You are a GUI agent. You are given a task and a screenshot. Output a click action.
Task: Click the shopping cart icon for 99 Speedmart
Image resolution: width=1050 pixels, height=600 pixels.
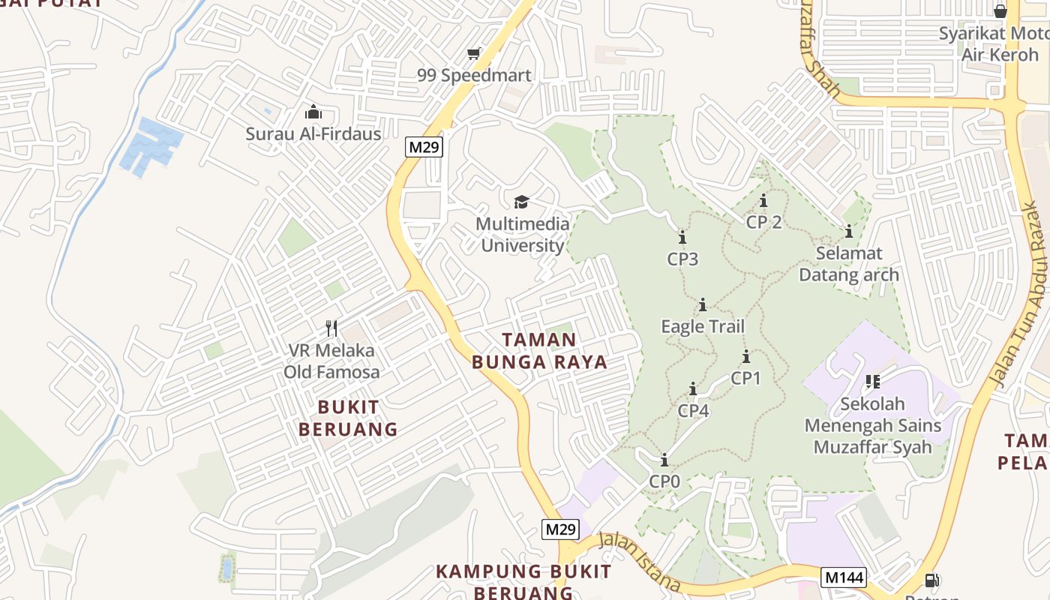pos(473,53)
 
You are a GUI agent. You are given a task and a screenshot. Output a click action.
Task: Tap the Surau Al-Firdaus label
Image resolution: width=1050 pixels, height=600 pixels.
pos(313,134)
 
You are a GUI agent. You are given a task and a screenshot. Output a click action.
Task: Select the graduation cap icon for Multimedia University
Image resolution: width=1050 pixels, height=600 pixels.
pos(521,201)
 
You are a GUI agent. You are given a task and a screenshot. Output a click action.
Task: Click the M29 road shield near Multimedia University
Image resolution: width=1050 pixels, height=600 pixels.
pos(423,147)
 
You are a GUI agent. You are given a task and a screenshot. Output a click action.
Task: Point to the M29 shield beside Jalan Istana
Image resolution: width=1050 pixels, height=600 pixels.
pos(560,529)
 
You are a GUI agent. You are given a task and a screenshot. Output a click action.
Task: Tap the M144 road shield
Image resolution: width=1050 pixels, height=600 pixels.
pos(844,577)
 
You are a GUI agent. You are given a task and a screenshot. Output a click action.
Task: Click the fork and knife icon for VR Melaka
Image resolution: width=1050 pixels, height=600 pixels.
pos(331,328)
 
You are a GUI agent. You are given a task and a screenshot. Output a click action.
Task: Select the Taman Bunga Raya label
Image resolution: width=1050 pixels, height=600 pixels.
pos(539,351)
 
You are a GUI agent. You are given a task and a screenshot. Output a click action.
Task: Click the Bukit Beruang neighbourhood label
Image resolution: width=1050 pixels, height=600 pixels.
pos(348,418)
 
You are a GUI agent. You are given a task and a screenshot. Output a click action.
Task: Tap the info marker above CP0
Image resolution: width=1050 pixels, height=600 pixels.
pos(664,460)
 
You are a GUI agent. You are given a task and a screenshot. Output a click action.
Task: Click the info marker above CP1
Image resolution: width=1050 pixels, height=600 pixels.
pos(746,357)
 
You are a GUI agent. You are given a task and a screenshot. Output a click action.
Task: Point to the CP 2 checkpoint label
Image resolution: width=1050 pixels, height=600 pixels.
pos(763,222)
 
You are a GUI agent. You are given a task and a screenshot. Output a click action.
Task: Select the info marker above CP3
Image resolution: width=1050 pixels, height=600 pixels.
pos(682,238)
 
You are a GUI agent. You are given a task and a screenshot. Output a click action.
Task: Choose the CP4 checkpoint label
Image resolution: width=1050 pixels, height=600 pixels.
pos(693,411)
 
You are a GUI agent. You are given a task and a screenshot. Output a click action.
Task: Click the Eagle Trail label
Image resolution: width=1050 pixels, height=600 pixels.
pos(703,326)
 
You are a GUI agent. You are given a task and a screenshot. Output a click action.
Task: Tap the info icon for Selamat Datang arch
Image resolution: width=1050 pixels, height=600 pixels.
pos(849,231)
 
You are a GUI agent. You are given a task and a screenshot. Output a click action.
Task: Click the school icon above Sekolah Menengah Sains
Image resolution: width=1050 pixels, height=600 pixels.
pos(872,382)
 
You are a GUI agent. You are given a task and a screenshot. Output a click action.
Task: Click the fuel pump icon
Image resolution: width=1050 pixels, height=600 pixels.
pos(931,580)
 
